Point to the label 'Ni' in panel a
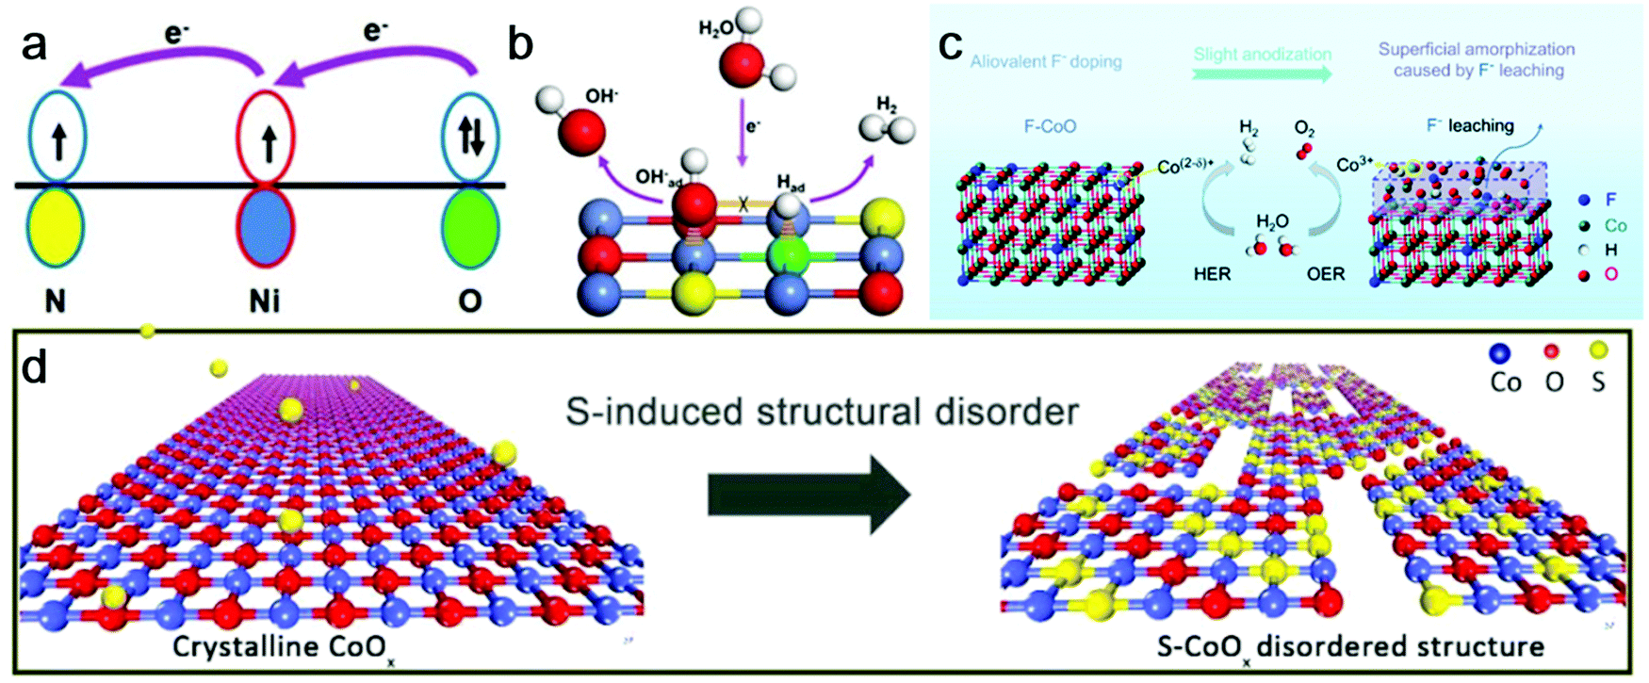tap(265, 301)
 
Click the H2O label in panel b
tap(716, 28)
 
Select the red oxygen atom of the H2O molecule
tap(743, 64)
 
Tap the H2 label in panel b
tap(887, 103)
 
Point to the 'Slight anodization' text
tap(1263, 55)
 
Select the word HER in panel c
tap(1212, 274)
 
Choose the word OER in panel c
tap(1326, 274)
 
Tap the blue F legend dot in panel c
tap(1584, 200)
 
